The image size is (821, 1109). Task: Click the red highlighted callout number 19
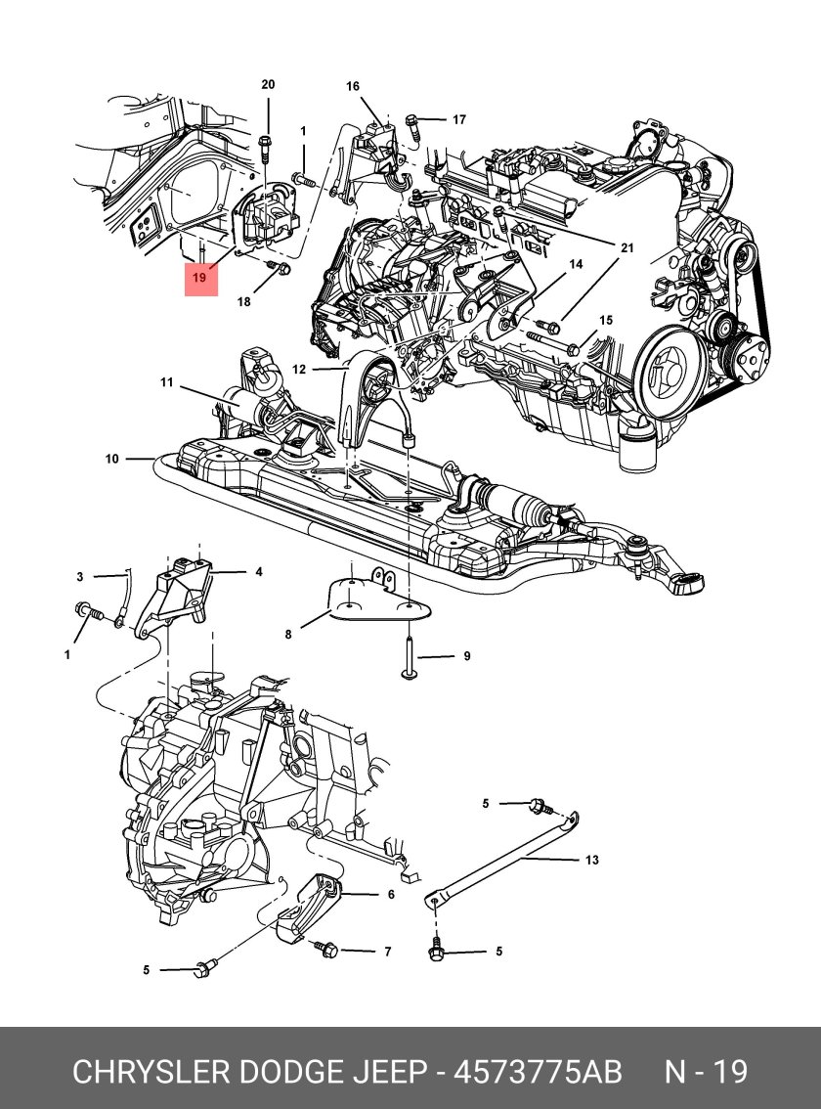[x=199, y=278]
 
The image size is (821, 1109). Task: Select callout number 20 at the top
[x=268, y=85]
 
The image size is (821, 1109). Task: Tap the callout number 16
[x=353, y=87]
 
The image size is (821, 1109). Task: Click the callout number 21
[x=627, y=248]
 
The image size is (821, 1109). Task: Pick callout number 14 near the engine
[x=576, y=265]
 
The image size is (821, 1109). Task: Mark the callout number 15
[x=606, y=321]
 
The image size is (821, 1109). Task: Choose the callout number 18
[x=243, y=302]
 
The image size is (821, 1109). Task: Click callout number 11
[x=166, y=381]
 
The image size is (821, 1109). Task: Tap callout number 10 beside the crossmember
[x=112, y=458]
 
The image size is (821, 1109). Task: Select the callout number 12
[x=299, y=370]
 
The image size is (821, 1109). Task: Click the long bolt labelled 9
[x=409, y=665]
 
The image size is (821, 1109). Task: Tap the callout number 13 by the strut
[x=591, y=861]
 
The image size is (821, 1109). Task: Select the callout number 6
[x=391, y=894]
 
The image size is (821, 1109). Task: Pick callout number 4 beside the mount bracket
[x=259, y=572]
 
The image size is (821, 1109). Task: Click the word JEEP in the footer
[x=387, y=1072]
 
